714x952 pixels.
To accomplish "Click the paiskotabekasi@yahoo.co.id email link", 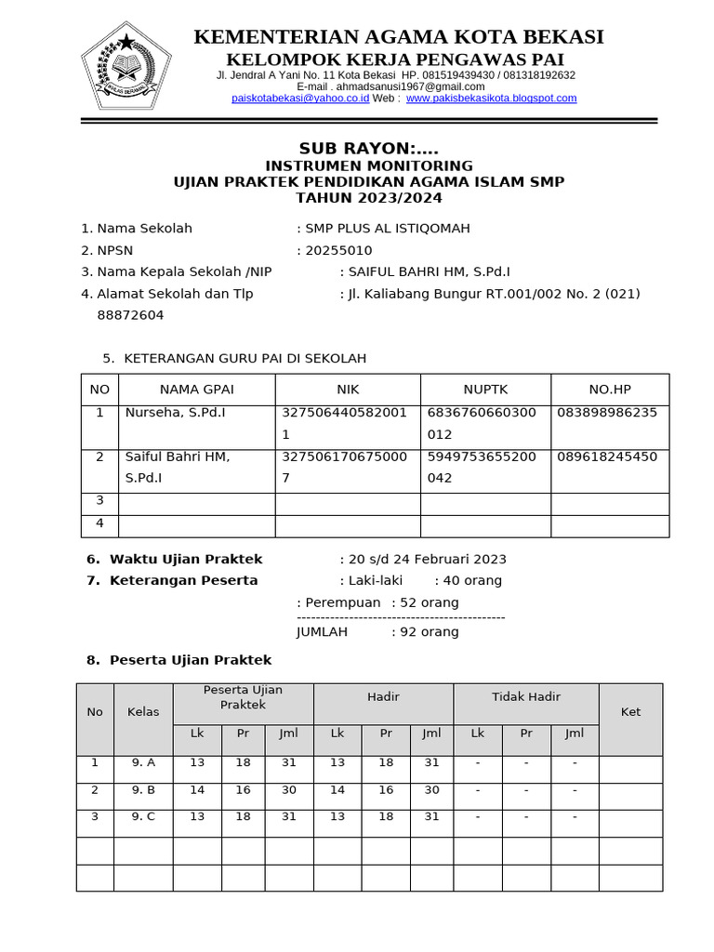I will (300, 98).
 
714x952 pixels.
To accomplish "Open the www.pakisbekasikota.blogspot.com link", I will (491, 98).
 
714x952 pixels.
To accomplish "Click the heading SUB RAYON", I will (368, 149).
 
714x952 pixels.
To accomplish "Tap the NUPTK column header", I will (485, 390).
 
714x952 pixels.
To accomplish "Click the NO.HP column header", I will (609, 390).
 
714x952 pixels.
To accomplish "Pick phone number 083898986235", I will (607, 412).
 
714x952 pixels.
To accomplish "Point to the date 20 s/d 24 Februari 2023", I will (427, 559).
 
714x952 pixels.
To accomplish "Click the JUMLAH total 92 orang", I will (377, 631).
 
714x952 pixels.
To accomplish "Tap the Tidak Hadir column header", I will (525, 696).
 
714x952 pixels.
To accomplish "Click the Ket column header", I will (630, 712).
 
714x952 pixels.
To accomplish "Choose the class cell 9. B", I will (143, 790).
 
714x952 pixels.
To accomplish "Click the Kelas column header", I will (143, 712).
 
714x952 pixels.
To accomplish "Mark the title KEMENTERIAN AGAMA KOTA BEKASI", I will (398, 37).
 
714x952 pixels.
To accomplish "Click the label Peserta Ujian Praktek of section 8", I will (191, 659).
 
